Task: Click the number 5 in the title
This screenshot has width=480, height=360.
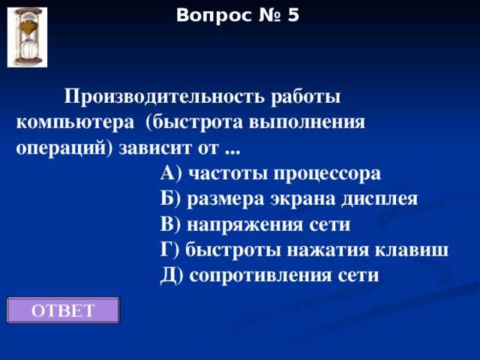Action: point(292,14)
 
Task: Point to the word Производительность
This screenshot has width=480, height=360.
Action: point(154,97)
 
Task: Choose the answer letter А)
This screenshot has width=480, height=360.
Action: point(172,174)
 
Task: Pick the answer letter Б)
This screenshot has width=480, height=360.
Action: point(171,199)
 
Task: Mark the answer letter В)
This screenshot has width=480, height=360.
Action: point(171,224)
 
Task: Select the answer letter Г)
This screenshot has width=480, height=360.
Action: point(170,250)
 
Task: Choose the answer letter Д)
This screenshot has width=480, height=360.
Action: point(172,275)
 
